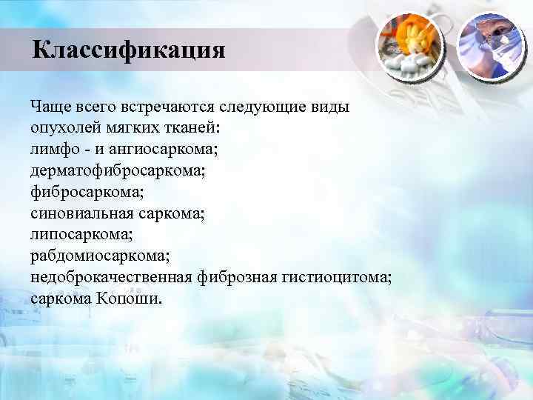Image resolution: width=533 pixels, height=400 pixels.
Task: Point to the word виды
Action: pos(326,107)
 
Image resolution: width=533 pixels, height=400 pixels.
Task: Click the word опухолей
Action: pos(65,128)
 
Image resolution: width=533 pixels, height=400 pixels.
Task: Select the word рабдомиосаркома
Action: pos(100,257)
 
